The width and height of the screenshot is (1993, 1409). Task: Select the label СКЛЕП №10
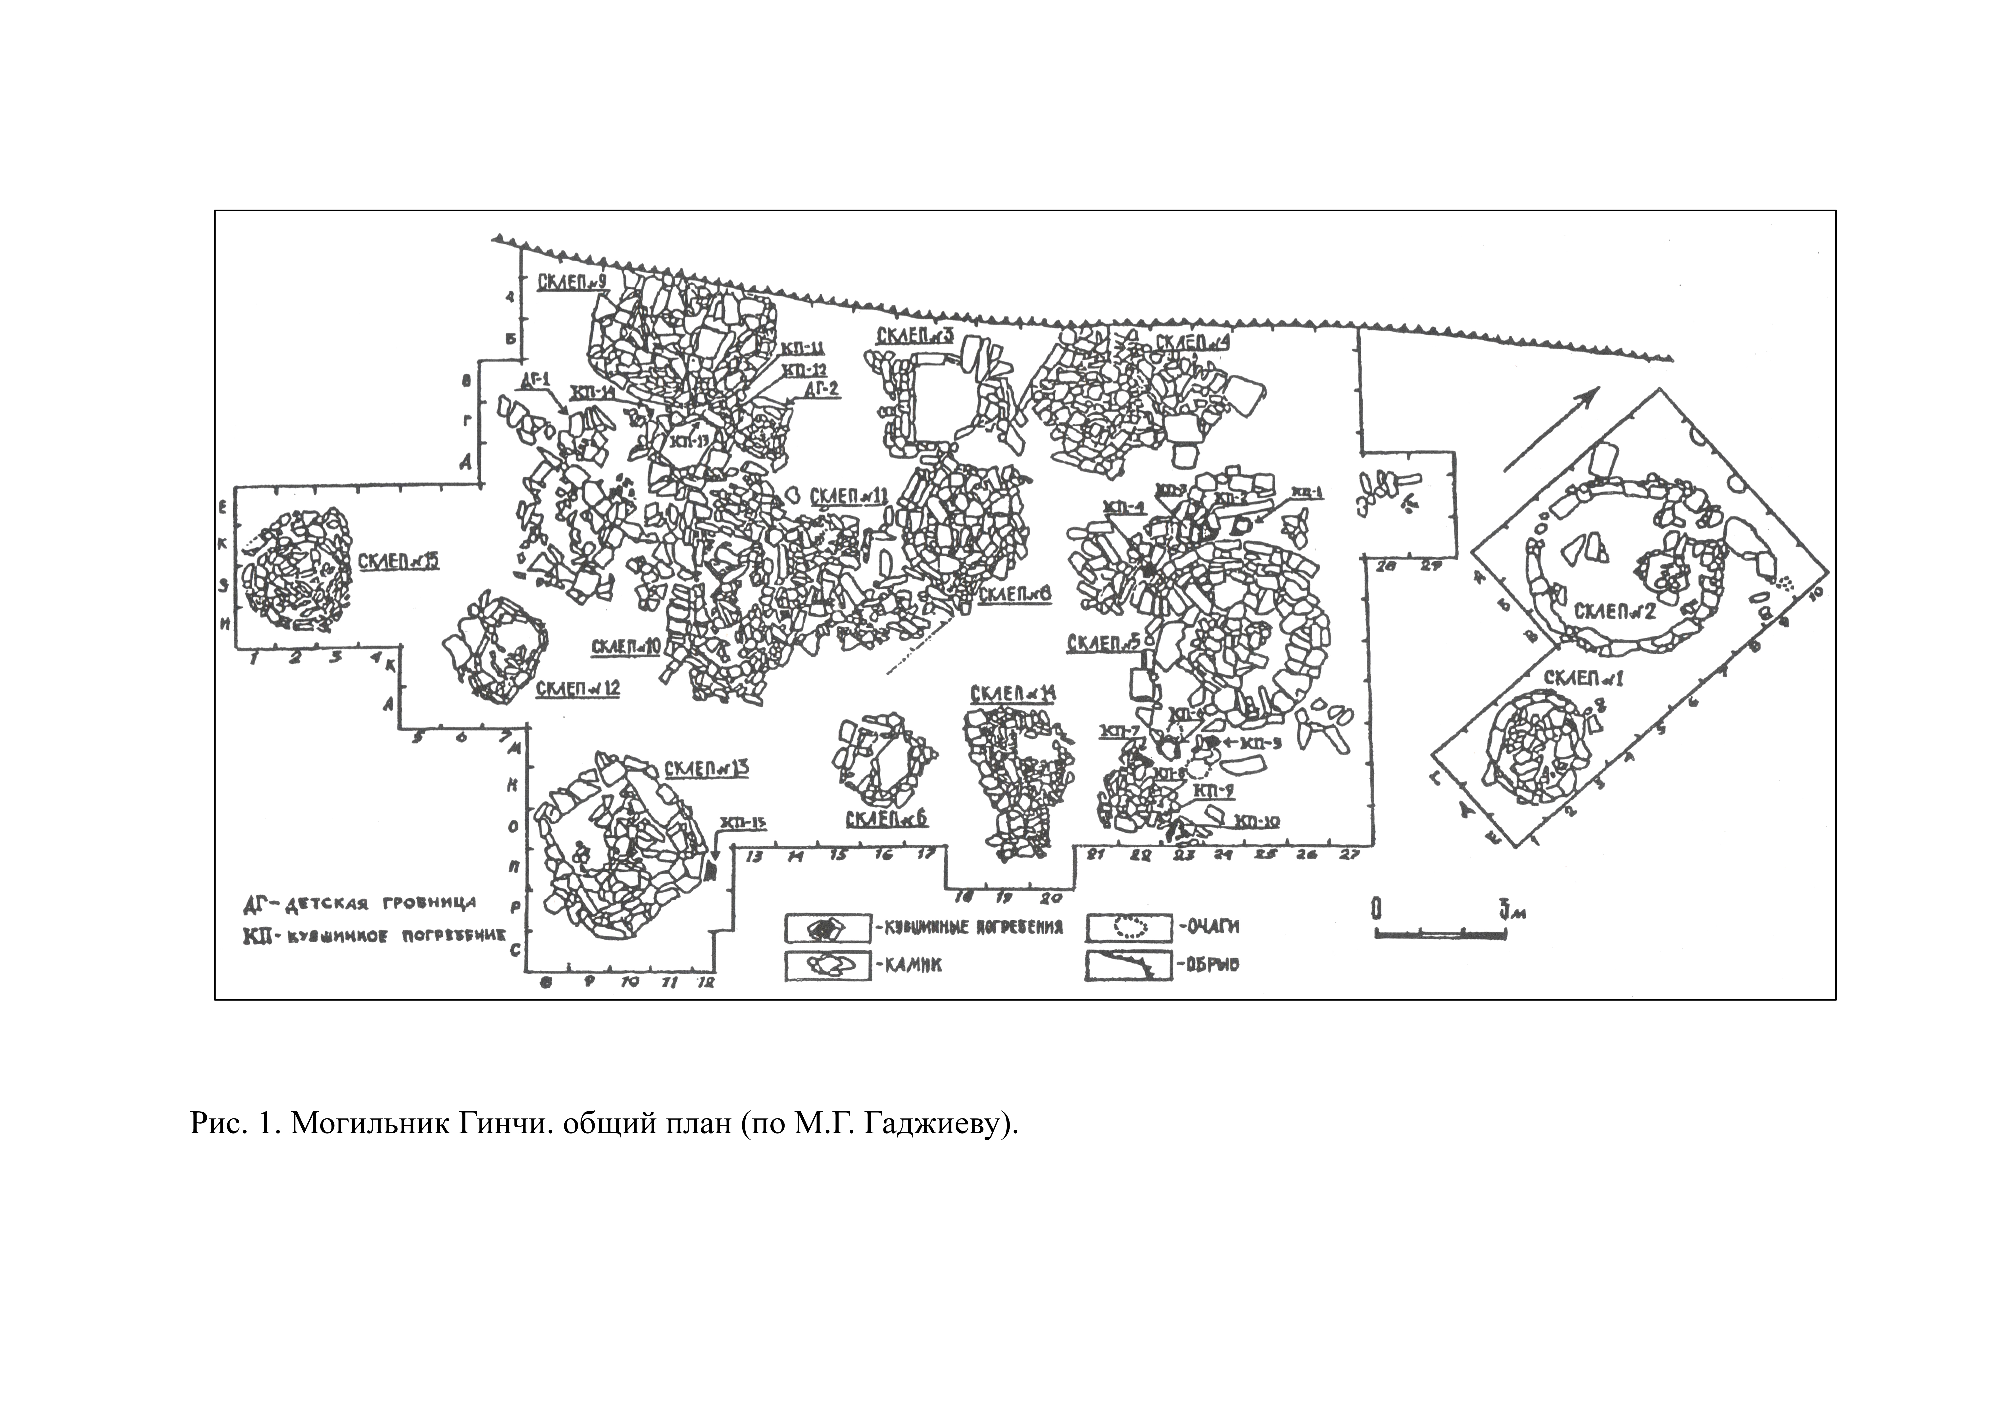626,647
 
